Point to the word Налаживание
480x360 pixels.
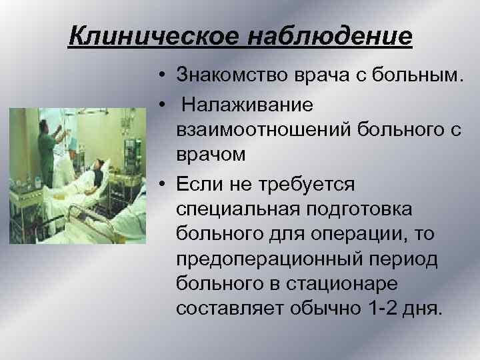pos(243,105)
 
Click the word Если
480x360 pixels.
pos(201,183)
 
